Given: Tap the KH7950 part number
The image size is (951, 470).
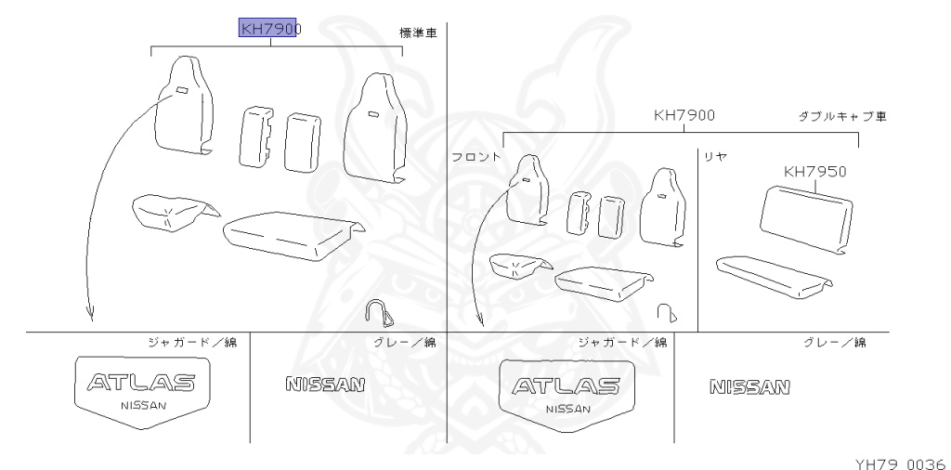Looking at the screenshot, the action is click(814, 171).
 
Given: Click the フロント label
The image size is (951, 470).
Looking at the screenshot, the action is click(476, 157).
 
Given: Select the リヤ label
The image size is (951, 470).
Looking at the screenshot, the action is click(714, 156).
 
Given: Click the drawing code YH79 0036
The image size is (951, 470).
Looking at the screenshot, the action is click(897, 459).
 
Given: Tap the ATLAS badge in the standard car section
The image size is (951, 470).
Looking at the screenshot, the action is click(141, 389).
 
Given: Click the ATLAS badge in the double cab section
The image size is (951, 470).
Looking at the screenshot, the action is click(567, 389).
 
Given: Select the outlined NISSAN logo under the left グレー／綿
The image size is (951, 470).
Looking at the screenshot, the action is click(325, 384).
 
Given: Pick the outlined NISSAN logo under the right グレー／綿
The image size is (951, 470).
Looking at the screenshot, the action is click(749, 385).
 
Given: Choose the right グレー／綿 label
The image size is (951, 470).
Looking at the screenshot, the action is click(834, 343).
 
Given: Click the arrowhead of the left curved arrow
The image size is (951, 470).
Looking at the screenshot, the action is click(91, 317).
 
